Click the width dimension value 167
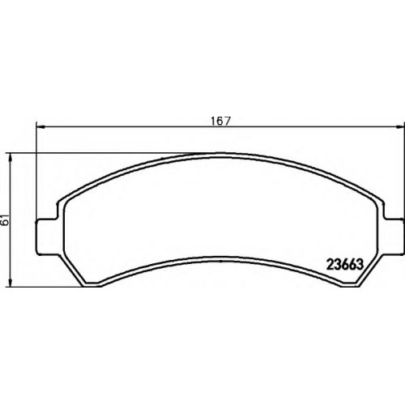220,121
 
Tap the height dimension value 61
6,220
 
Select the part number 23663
345,265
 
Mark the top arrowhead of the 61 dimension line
11,157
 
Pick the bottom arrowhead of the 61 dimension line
11,283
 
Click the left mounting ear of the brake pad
46,237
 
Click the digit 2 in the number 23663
330,265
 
